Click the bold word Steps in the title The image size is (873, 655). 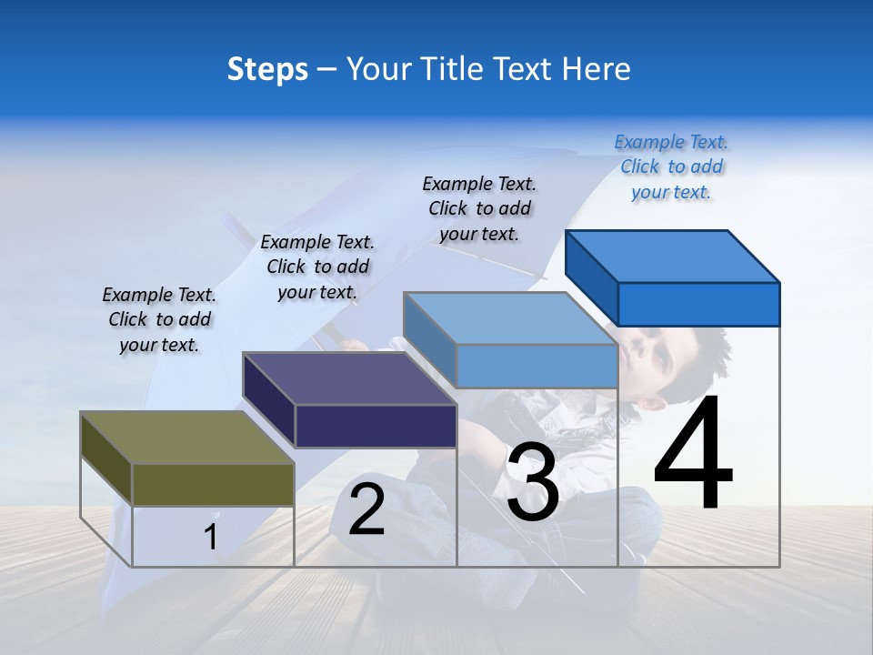click(267, 69)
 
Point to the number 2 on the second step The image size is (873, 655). click(367, 509)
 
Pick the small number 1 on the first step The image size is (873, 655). click(211, 538)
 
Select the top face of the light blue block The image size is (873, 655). click(509, 318)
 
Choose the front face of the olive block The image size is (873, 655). click(214, 484)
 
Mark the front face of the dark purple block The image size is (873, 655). click(376, 426)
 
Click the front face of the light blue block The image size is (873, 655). click(537, 366)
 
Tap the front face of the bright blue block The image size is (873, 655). click(698, 304)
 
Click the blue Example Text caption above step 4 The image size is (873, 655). click(671, 166)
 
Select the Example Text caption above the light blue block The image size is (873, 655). click(479, 208)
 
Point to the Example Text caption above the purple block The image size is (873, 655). click(317, 267)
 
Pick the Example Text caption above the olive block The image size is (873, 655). click(159, 319)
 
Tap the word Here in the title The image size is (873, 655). click(597, 69)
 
